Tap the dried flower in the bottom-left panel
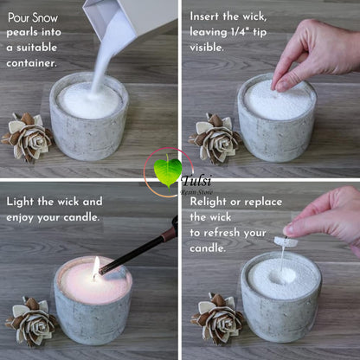tap(32, 321)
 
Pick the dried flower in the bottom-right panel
tap(218, 318)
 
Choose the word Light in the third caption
tap(22, 202)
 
